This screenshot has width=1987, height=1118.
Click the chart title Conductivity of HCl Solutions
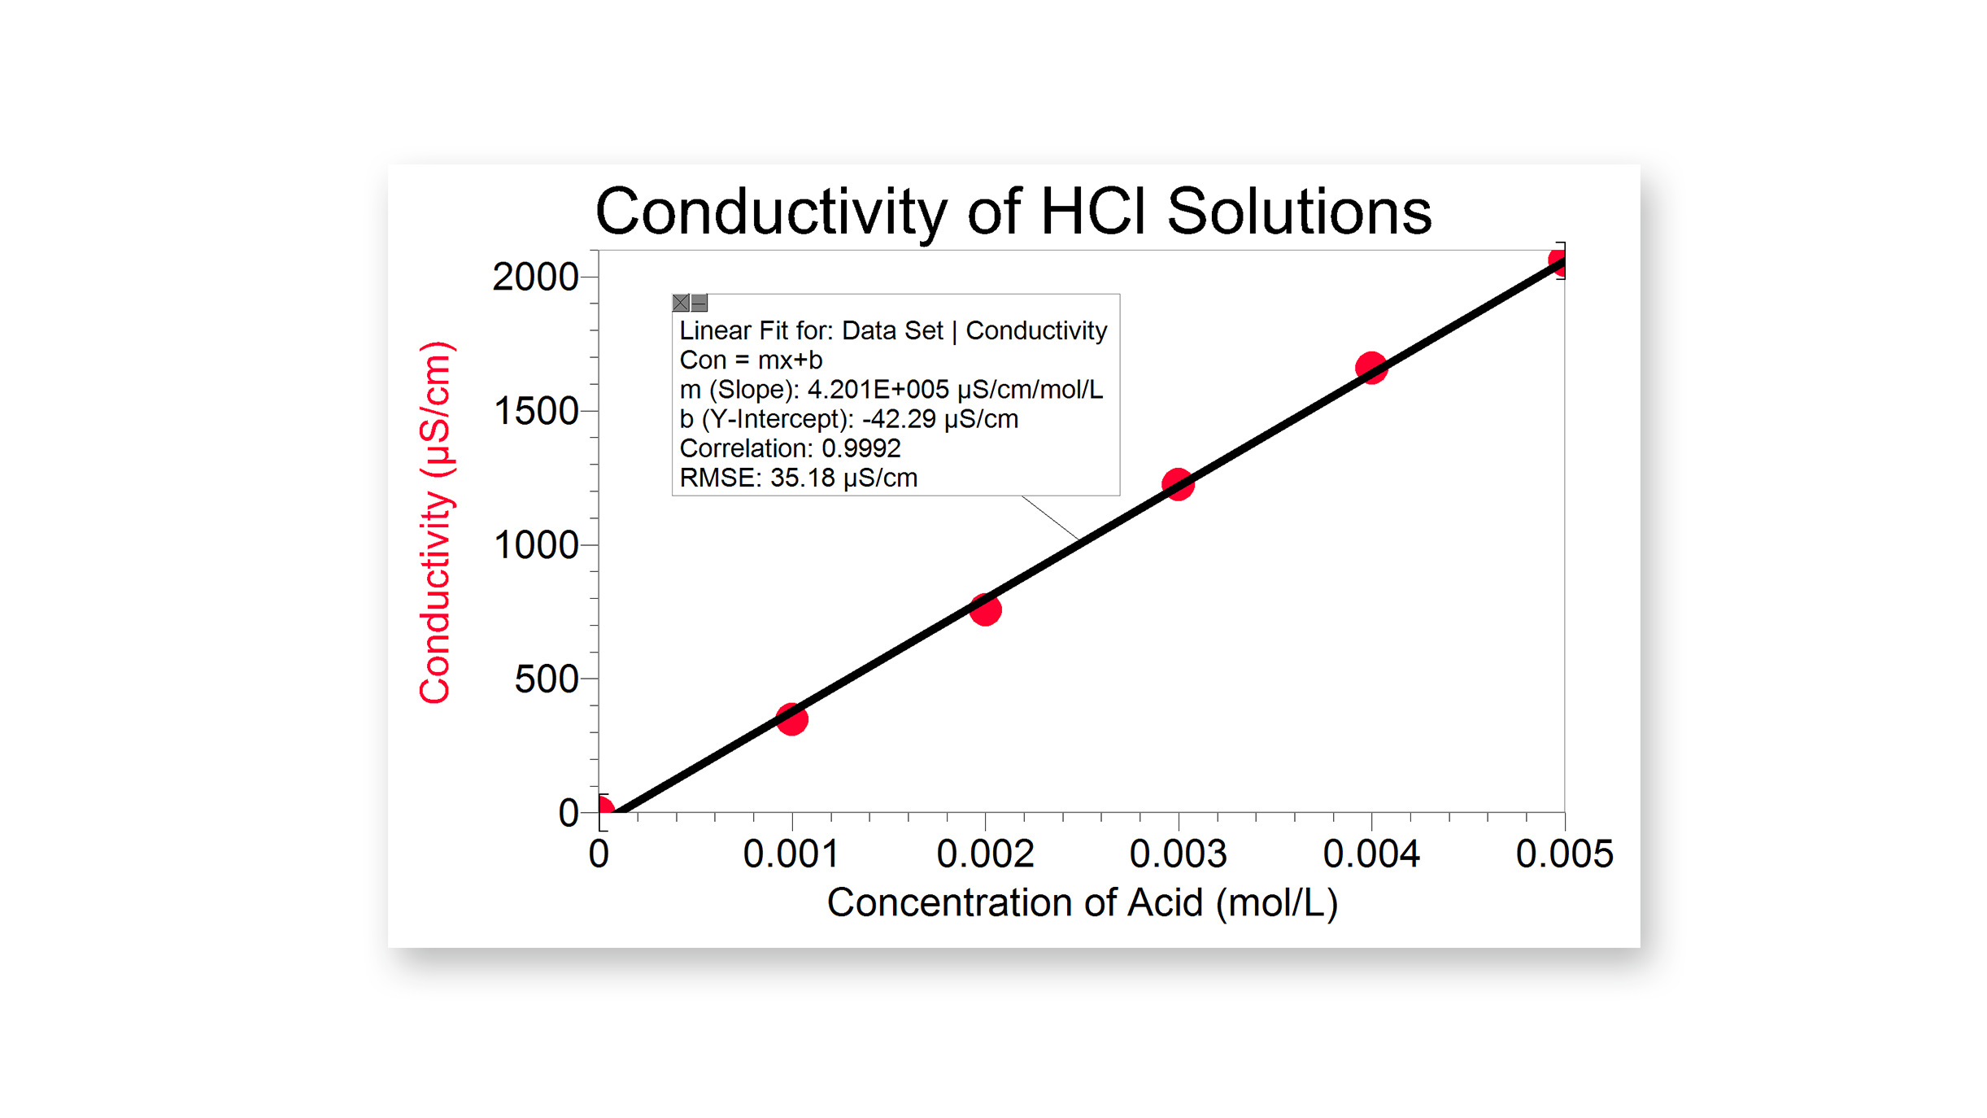click(1013, 212)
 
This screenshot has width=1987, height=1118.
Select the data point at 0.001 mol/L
click(791, 718)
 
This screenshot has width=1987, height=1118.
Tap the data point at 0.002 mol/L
click(985, 609)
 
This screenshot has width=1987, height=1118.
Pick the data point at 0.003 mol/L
click(1178, 484)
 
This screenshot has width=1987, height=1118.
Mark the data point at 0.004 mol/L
click(1371, 368)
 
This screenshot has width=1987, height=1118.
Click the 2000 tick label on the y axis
click(535, 277)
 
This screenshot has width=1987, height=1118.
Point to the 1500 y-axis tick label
click(535, 411)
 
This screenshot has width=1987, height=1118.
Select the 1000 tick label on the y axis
click(535, 545)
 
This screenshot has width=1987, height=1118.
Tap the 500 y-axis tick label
click(546, 679)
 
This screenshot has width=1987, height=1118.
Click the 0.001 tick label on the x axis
click(791, 854)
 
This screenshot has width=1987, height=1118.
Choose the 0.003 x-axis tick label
click(1178, 854)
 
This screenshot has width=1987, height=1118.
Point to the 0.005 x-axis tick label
click(1564, 854)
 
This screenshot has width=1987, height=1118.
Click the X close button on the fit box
click(681, 303)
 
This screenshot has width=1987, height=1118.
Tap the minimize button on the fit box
click(699, 303)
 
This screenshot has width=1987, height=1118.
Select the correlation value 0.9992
click(861, 448)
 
